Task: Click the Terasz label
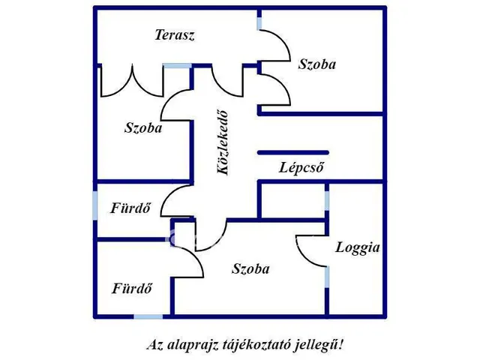pyautogui.click(x=175, y=35)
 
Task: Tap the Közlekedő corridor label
pyautogui.click(x=223, y=142)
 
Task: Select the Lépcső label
pyautogui.click(x=301, y=168)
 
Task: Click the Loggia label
pyautogui.click(x=358, y=247)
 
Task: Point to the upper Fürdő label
pyautogui.click(x=132, y=208)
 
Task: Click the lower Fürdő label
pyautogui.click(x=133, y=288)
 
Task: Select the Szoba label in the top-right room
pyautogui.click(x=316, y=64)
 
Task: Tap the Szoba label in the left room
pyautogui.click(x=143, y=128)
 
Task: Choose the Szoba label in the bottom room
pyautogui.click(x=251, y=269)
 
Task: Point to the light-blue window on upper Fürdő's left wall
pyautogui.click(x=95, y=205)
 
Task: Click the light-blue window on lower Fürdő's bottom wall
pyautogui.click(x=148, y=316)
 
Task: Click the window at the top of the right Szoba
pyautogui.click(x=259, y=22)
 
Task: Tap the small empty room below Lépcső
pyautogui.click(x=292, y=199)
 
